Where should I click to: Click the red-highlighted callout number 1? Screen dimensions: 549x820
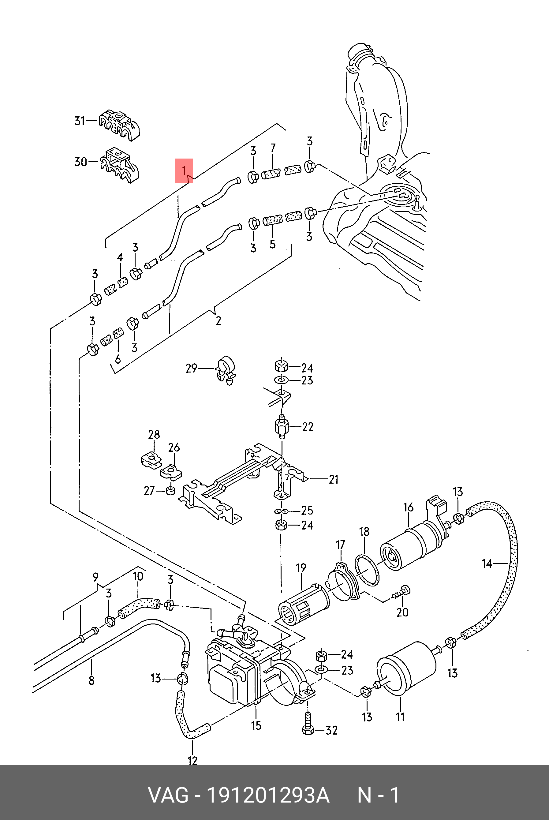[184, 171]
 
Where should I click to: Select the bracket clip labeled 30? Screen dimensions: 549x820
[119, 165]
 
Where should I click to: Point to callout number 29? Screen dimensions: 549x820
[191, 368]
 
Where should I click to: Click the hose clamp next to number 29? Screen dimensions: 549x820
[225, 370]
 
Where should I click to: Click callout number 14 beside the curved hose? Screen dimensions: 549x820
[487, 564]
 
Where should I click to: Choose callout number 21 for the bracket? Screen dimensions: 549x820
[334, 479]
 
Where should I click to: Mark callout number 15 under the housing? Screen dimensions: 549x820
[256, 725]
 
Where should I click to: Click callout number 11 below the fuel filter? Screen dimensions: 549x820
[400, 717]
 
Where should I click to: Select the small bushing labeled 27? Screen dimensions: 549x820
[170, 491]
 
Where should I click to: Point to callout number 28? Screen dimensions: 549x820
[154, 435]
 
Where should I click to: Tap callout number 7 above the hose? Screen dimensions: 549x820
[273, 148]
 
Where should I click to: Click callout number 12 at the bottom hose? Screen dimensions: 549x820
[192, 761]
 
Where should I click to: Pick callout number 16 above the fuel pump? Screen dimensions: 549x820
[408, 507]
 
